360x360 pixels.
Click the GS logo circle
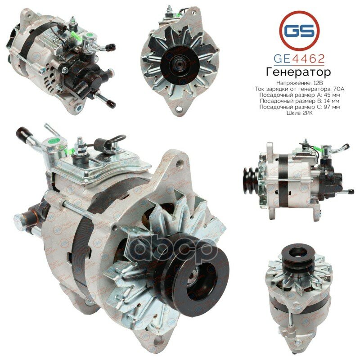click(x=299, y=30)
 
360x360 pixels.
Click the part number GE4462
click(x=299, y=58)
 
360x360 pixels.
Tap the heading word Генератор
click(x=299, y=72)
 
